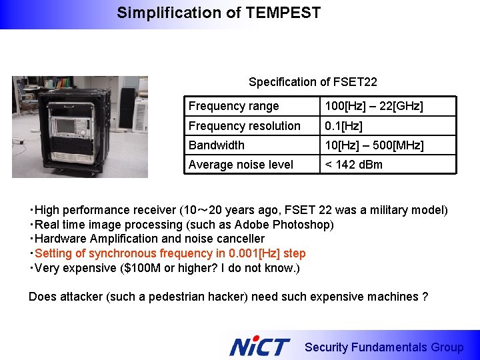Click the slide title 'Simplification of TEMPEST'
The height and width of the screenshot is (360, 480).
pyautogui.click(x=219, y=13)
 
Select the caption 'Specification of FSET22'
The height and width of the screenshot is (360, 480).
pyautogui.click(x=313, y=82)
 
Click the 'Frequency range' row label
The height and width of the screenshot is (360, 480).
pyautogui.click(x=233, y=106)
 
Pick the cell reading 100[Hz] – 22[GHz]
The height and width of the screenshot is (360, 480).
pyautogui.click(x=373, y=106)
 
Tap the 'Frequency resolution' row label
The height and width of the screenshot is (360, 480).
pyautogui.click(x=244, y=126)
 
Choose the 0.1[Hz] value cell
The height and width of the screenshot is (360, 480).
pyautogui.click(x=343, y=126)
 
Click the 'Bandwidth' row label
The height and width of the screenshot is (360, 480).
pyautogui.click(x=217, y=145)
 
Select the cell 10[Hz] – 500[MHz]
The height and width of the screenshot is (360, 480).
pyautogui.click(x=374, y=145)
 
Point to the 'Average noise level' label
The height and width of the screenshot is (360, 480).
pyautogui.click(x=241, y=165)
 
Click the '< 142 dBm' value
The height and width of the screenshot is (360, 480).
pyautogui.click(x=353, y=165)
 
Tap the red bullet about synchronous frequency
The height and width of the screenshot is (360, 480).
pyautogui.click(x=169, y=253)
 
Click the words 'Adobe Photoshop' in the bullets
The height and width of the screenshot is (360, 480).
pyautogui.click(x=291, y=225)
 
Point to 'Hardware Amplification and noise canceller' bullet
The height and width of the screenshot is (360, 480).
pyautogui.click(x=149, y=239)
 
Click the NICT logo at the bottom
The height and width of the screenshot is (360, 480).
pyautogui.click(x=259, y=347)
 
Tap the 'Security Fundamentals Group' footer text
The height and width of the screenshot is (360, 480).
pyautogui.click(x=383, y=347)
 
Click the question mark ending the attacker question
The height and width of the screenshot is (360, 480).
pyautogui.click(x=425, y=297)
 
